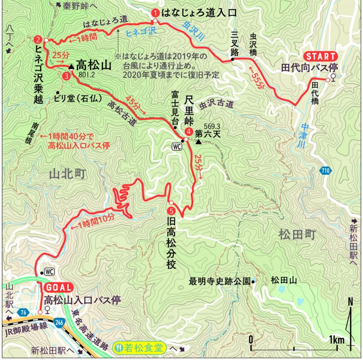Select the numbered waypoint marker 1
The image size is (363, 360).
coord(155,13)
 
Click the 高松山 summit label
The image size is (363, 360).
coord(94,65)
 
